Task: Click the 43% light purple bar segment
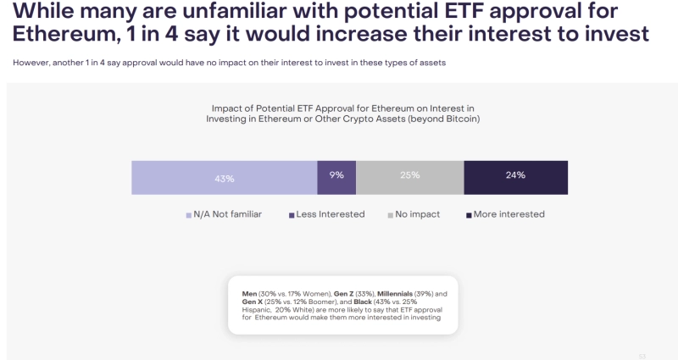[x=224, y=178]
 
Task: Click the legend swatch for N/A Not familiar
[x=189, y=215]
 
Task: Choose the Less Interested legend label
[x=330, y=214]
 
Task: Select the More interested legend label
[x=508, y=214]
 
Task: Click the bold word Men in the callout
[x=250, y=293]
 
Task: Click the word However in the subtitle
[x=30, y=63]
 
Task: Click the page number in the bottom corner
[x=642, y=356]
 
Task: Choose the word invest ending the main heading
[x=614, y=36]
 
